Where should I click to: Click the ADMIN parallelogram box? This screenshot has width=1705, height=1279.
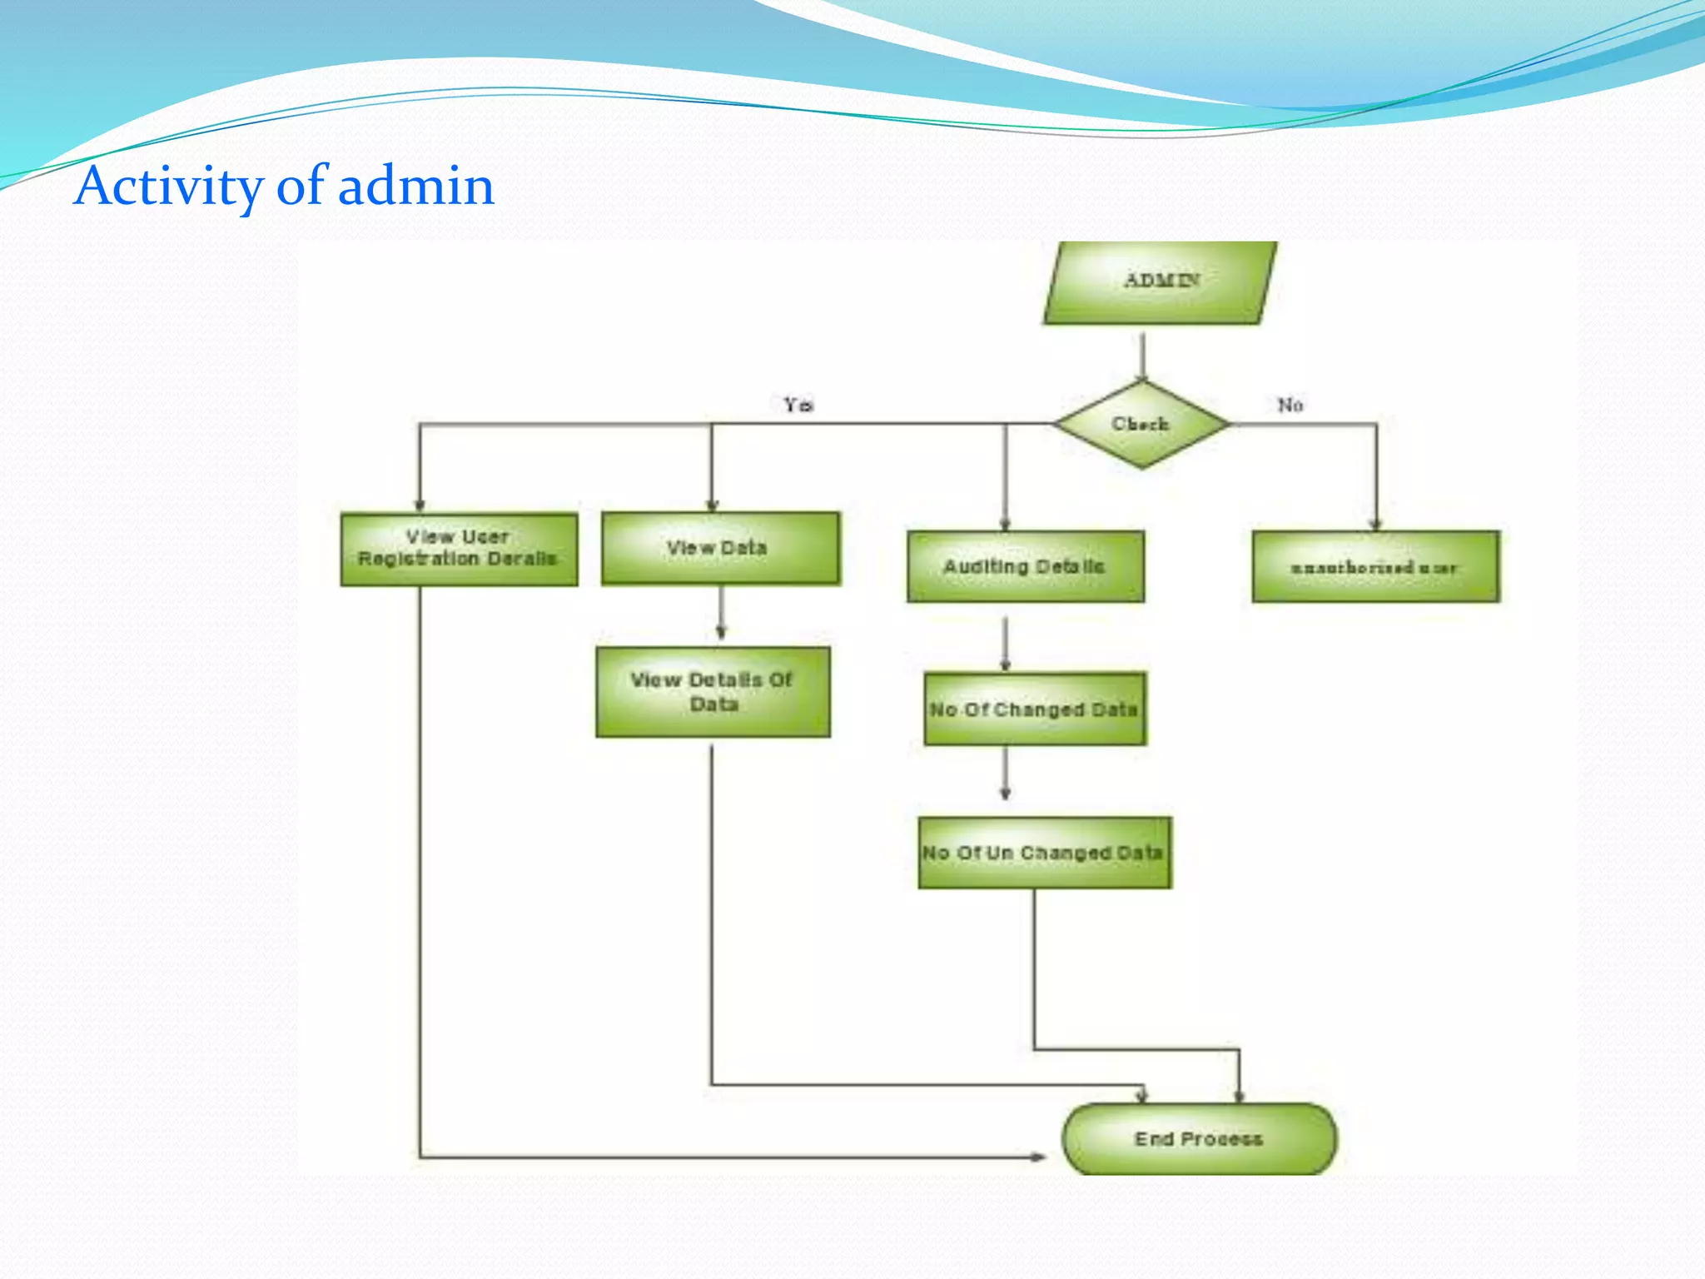click(x=1160, y=281)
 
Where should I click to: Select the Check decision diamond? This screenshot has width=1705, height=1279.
click(x=1141, y=425)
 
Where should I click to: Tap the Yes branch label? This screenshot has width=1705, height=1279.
click(x=798, y=405)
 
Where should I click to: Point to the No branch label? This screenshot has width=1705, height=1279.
click(x=1290, y=405)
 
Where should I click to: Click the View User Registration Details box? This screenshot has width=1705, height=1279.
click(x=459, y=549)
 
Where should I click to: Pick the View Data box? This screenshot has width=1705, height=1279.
click(x=720, y=548)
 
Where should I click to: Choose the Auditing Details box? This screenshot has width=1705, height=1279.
click(x=1026, y=566)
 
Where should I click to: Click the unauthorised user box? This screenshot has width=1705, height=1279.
click(x=1375, y=567)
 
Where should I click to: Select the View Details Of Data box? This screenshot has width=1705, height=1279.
click(x=713, y=692)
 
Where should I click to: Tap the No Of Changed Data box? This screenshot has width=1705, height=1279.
click(x=1035, y=709)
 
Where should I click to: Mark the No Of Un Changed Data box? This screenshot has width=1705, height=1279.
click(x=1044, y=853)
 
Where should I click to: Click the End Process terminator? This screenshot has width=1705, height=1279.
click(x=1199, y=1138)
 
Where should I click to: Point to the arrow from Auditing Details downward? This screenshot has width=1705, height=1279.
click(x=1005, y=644)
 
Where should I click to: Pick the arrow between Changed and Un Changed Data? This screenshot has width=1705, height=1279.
click(x=1005, y=774)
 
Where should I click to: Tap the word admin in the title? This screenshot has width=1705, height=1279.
click(x=415, y=187)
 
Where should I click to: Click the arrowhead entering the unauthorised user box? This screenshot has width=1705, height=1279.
click(x=1375, y=524)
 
